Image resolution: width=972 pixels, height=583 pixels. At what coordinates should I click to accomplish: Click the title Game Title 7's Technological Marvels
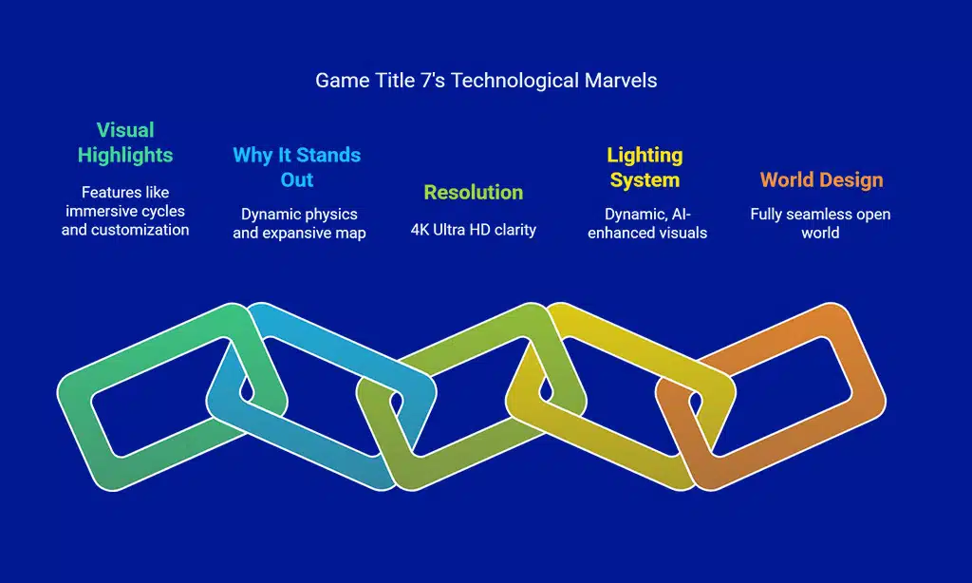click(x=486, y=81)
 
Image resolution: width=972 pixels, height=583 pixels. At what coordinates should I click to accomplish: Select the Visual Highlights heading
click(x=125, y=142)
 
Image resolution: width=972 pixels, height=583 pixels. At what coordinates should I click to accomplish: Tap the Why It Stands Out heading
click(x=297, y=167)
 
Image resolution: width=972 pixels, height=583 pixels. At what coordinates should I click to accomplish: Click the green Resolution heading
click(x=474, y=192)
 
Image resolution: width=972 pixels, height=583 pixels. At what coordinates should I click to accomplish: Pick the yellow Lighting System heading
click(x=645, y=167)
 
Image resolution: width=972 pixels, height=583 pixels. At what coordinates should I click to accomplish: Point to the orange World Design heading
click(x=821, y=179)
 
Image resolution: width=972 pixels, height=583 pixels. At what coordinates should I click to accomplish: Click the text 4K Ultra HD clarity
click(x=474, y=230)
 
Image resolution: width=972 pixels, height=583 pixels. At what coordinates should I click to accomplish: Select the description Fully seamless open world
click(x=820, y=223)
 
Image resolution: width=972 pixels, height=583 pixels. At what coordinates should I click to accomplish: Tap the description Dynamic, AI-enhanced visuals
click(x=647, y=223)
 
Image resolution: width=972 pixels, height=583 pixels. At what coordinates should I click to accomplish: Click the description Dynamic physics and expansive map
click(x=299, y=223)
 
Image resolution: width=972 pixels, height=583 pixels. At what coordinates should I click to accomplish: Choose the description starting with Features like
click(x=125, y=211)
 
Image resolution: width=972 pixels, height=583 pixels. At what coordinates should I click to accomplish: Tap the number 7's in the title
click(x=433, y=81)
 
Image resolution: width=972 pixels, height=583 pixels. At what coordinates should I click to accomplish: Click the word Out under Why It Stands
click(x=297, y=179)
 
